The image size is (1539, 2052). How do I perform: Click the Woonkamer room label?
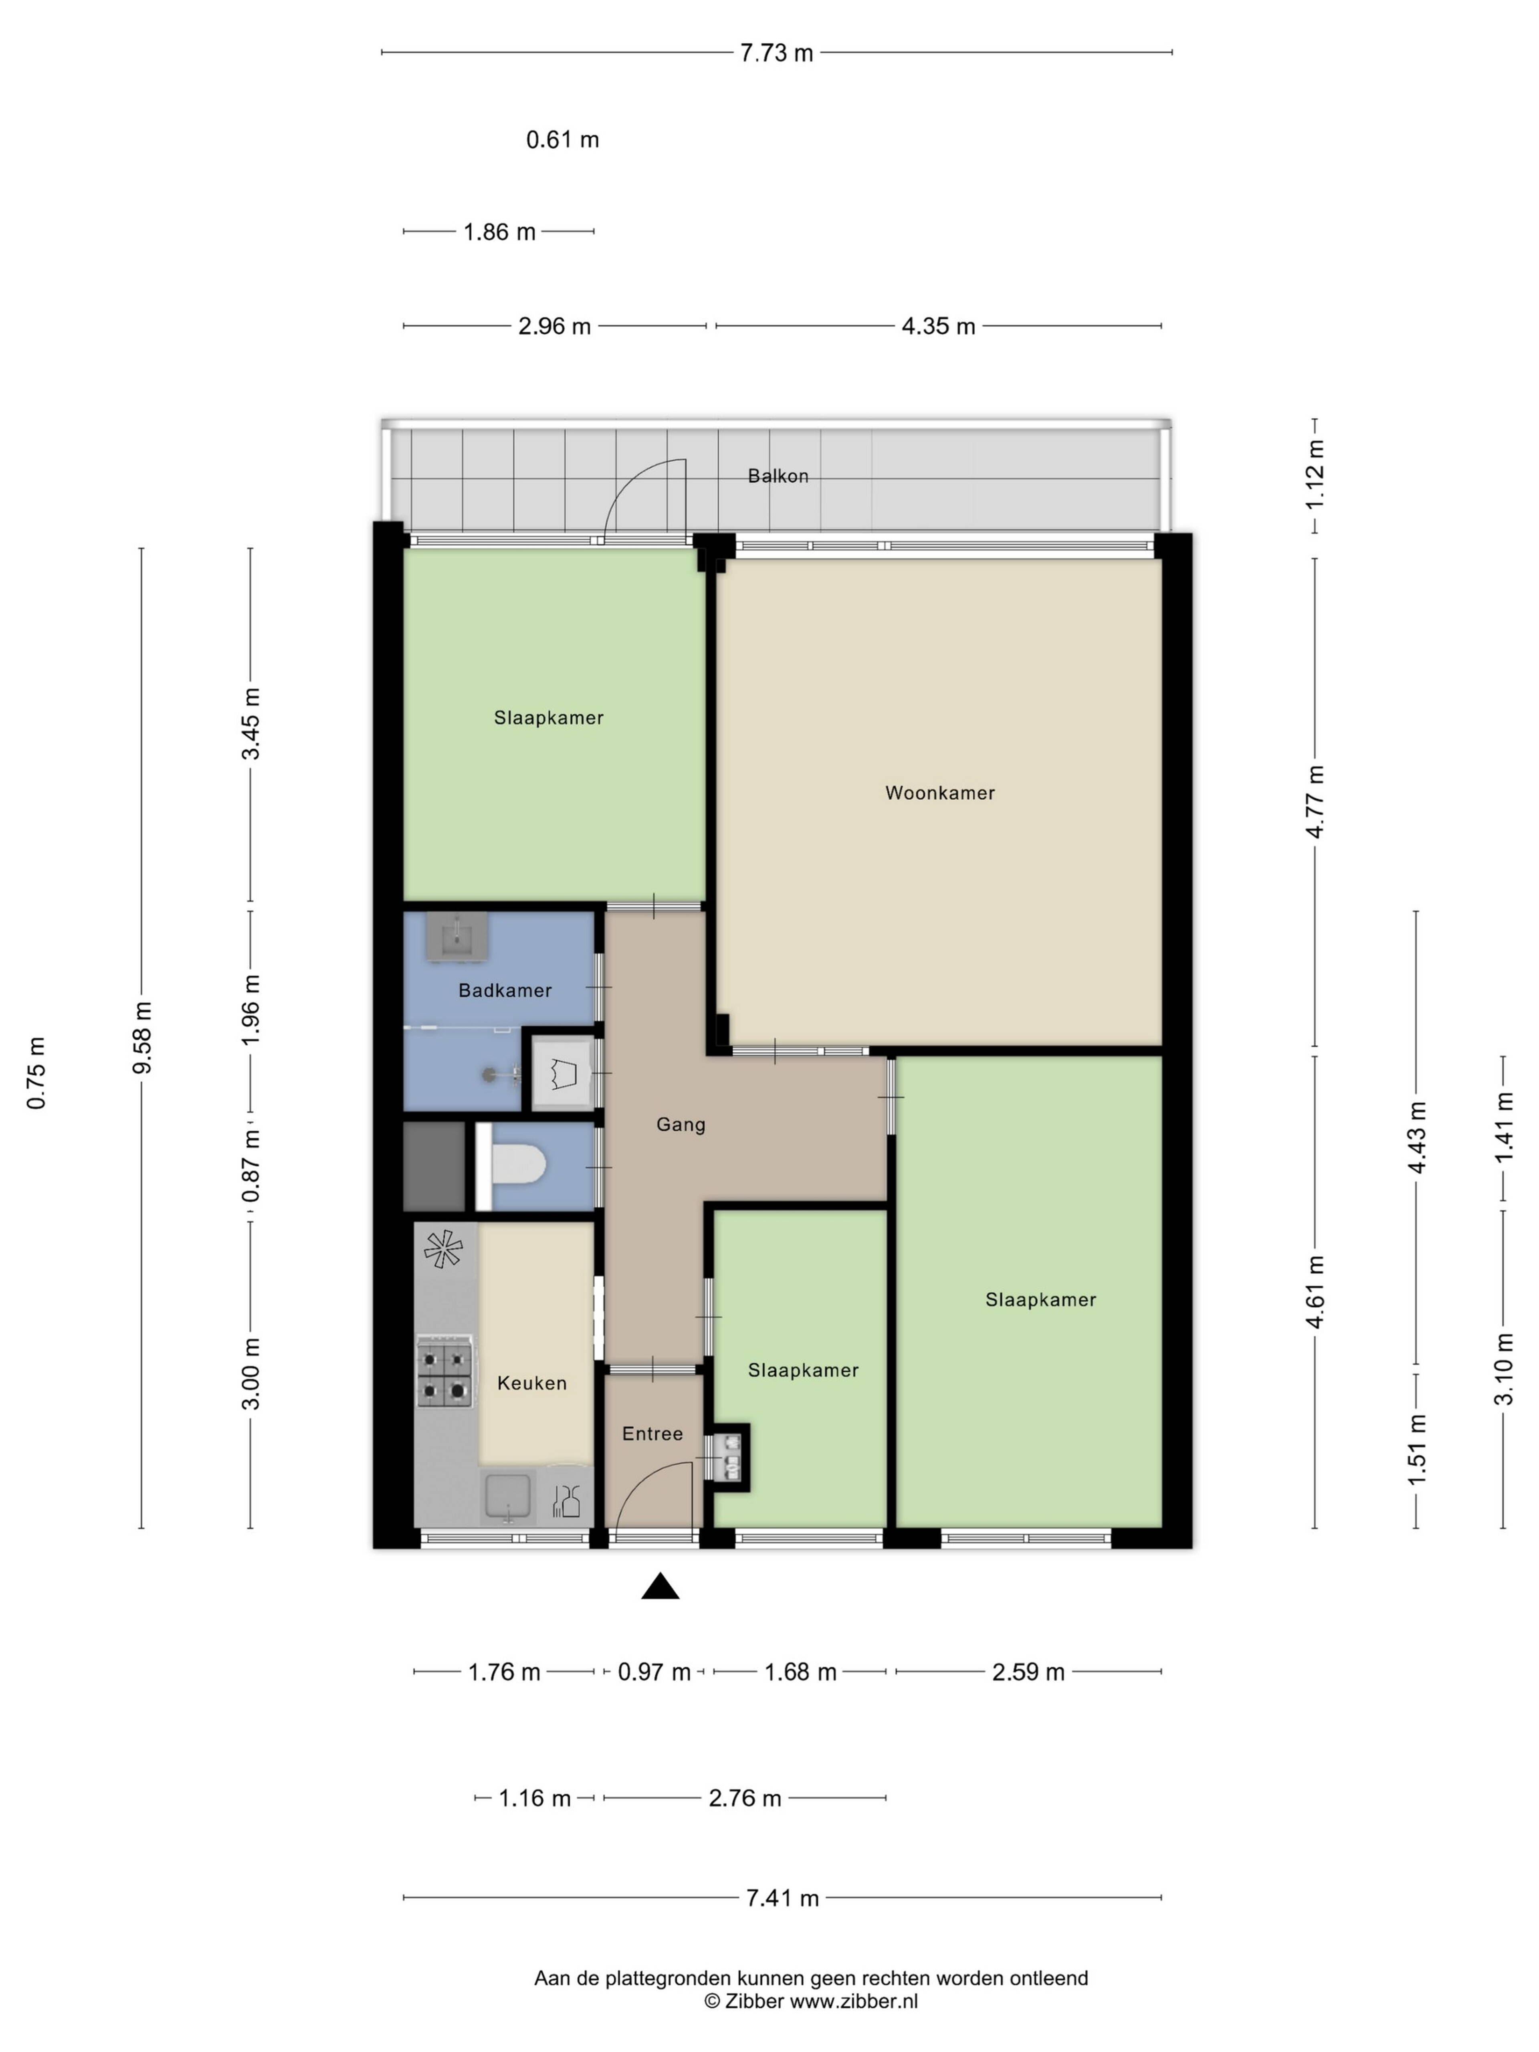pyautogui.click(x=940, y=793)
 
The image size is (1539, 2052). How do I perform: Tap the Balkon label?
pyautogui.click(x=778, y=476)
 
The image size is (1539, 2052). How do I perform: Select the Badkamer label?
pyautogui.click(x=505, y=991)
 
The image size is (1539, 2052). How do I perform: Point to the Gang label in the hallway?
pyautogui.click(x=681, y=1125)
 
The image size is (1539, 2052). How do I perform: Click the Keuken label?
pyautogui.click(x=531, y=1383)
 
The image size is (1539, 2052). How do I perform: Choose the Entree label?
pyautogui.click(x=652, y=1433)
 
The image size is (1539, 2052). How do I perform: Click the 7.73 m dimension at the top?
pyautogui.click(x=776, y=53)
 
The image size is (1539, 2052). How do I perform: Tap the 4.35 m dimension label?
pyautogui.click(x=938, y=327)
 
